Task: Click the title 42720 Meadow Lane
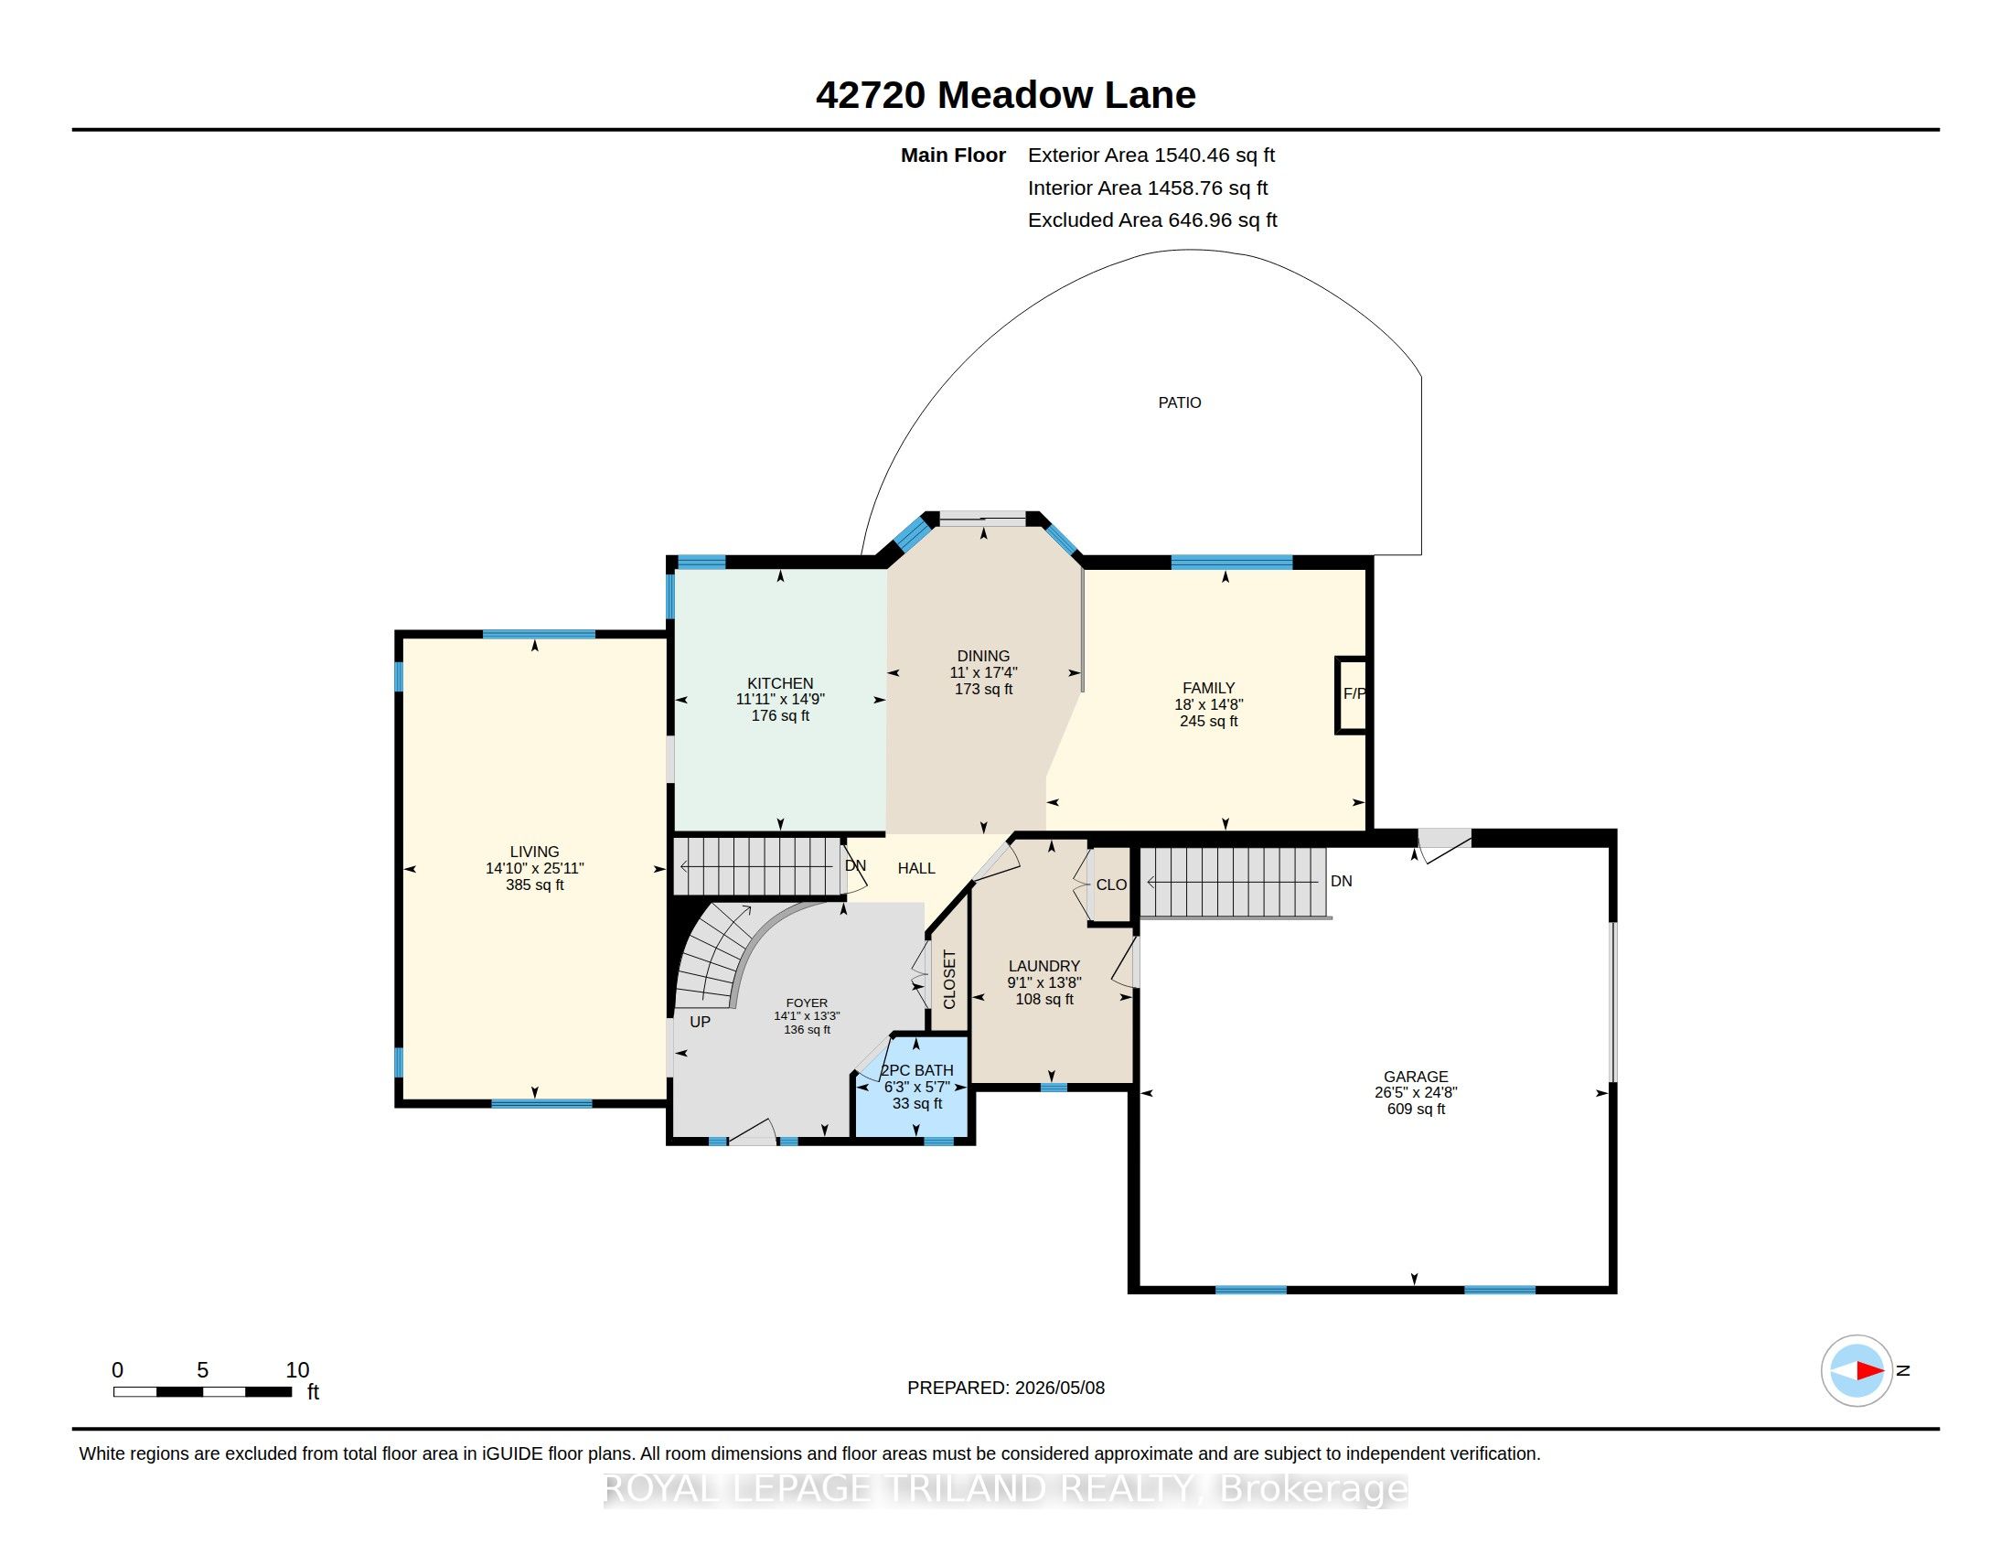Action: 1005,95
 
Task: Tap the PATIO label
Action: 1179,402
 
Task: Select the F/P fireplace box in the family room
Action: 1352,694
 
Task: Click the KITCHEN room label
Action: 780,683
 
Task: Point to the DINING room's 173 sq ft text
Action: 983,689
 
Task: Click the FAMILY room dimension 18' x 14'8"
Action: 1209,704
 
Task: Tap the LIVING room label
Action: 534,853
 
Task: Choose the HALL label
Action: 916,868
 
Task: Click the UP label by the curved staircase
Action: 701,1022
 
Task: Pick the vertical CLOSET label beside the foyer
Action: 950,980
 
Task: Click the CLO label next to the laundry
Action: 1111,885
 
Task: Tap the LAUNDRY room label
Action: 1043,966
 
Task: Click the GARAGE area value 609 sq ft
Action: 1416,1110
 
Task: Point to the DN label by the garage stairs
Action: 1342,882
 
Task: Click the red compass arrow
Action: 1869,1371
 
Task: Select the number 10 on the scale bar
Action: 296,1370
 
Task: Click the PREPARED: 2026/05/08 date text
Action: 1006,1388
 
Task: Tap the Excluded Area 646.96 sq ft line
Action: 1152,220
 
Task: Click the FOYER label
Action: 807,1003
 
